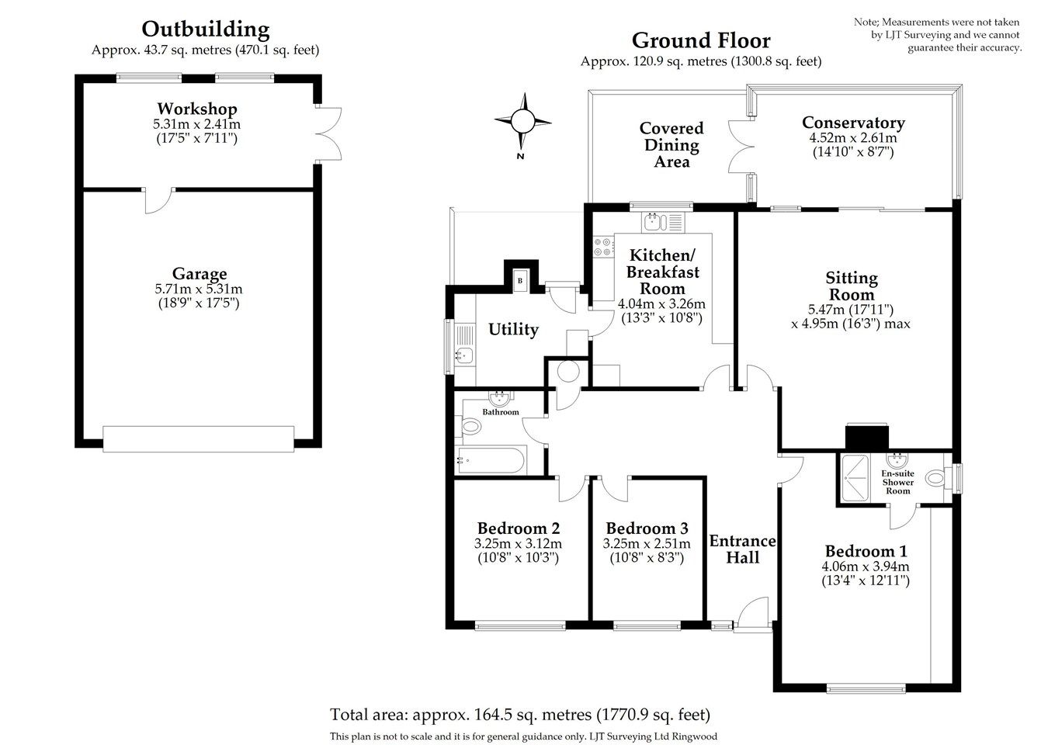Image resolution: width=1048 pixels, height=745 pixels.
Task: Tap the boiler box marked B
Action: click(x=519, y=280)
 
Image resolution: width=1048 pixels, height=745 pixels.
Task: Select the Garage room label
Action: click(x=200, y=274)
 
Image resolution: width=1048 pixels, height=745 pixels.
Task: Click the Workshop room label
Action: click(x=197, y=109)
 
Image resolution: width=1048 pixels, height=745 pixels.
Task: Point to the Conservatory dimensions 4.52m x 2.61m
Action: click(x=852, y=138)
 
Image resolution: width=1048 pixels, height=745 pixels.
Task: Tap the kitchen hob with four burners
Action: click(x=603, y=247)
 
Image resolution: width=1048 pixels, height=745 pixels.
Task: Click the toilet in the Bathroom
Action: click(x=470, y=426)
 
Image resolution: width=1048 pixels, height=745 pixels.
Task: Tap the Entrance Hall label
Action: click(x=743, y=549)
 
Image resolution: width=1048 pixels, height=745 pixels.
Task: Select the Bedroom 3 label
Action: click(x=647, y=528)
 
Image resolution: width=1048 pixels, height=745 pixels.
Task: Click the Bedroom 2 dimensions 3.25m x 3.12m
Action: click(x=518, y=544)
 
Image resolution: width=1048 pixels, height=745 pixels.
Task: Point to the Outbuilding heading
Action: click(x=206, y=29)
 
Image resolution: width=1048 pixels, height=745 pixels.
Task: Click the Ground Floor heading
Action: click(x=700, y=40)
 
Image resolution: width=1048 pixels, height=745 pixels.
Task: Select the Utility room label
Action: click(x=513, y=330)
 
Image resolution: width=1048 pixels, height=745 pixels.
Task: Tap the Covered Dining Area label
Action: click(x=671, y=145)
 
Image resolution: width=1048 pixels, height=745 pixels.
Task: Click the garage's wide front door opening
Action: click(x=199, y=438)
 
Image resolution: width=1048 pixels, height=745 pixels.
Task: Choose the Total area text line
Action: click(x=520, y=714)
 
